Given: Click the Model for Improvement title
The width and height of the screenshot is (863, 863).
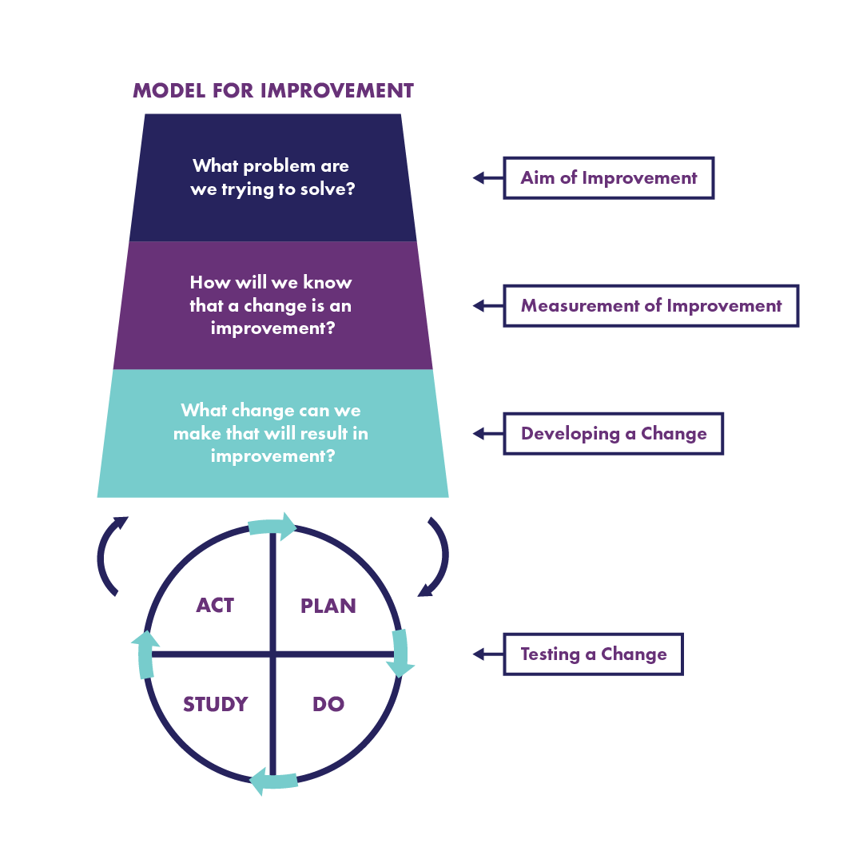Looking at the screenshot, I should [x=273, y=90].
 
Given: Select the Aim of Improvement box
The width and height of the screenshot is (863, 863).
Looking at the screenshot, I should [x=608, y=177].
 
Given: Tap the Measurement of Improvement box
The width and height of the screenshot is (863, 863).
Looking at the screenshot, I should [x=650, y=305].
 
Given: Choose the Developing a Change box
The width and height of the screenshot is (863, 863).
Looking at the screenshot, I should [x=613, y=433].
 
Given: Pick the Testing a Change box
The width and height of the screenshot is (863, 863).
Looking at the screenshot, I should [x=593, y=654].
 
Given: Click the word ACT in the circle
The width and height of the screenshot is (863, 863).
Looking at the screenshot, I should [x=215, y=605].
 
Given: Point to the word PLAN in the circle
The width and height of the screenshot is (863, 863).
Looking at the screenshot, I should [x=328, y=606].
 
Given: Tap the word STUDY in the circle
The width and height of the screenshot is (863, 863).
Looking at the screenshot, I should [x=215, y=704].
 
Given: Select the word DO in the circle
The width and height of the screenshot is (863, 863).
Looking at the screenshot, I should [x=328, y=704].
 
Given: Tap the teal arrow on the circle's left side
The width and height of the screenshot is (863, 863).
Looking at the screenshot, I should [x=145, y=654].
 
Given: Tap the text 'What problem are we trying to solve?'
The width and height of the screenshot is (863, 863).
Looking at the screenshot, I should [x=271, y=178].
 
